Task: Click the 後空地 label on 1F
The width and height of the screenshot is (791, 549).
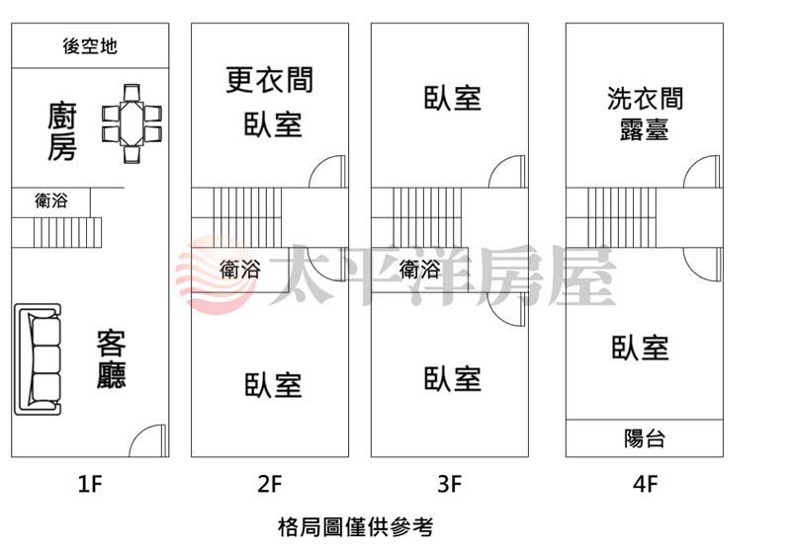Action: pos(90,45)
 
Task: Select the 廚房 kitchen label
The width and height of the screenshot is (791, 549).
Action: pos(62,132)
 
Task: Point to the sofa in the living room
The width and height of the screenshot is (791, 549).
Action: pos(39,360)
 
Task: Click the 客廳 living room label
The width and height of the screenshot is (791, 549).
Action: pos(111,360)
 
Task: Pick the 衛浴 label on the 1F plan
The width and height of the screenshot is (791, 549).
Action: pos(51,201)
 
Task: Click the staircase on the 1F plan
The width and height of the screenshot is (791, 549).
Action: pos(68,233)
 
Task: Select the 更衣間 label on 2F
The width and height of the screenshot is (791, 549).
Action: pos(269,79)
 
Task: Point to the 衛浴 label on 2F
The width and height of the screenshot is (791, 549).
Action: pos(240,269)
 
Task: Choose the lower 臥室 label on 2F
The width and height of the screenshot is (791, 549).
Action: pos(273,385)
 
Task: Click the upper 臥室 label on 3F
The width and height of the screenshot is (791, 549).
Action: pos(452,99)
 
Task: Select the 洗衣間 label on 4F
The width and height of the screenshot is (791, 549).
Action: pos(645,99)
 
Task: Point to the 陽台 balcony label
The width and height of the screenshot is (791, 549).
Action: pos(645,438)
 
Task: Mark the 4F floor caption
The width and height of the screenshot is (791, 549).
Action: pos(646,485)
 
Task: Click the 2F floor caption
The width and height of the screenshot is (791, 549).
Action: pos(270,485)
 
